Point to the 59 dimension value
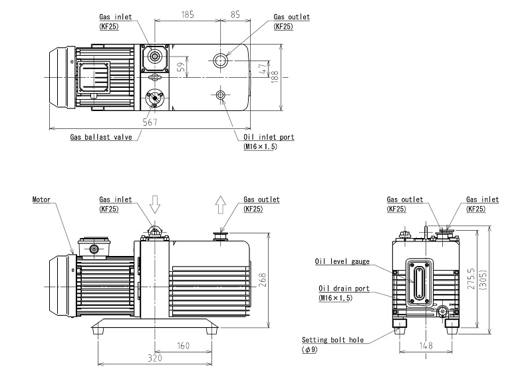pos(181,67)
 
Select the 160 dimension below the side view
pos(184,346)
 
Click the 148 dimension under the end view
pos(427,346)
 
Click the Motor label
pos(42,199)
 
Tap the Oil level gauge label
pos(342,261)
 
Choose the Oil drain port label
pos(342,288)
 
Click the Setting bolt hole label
pos(332,339)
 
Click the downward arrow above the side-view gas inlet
pos(155,204)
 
